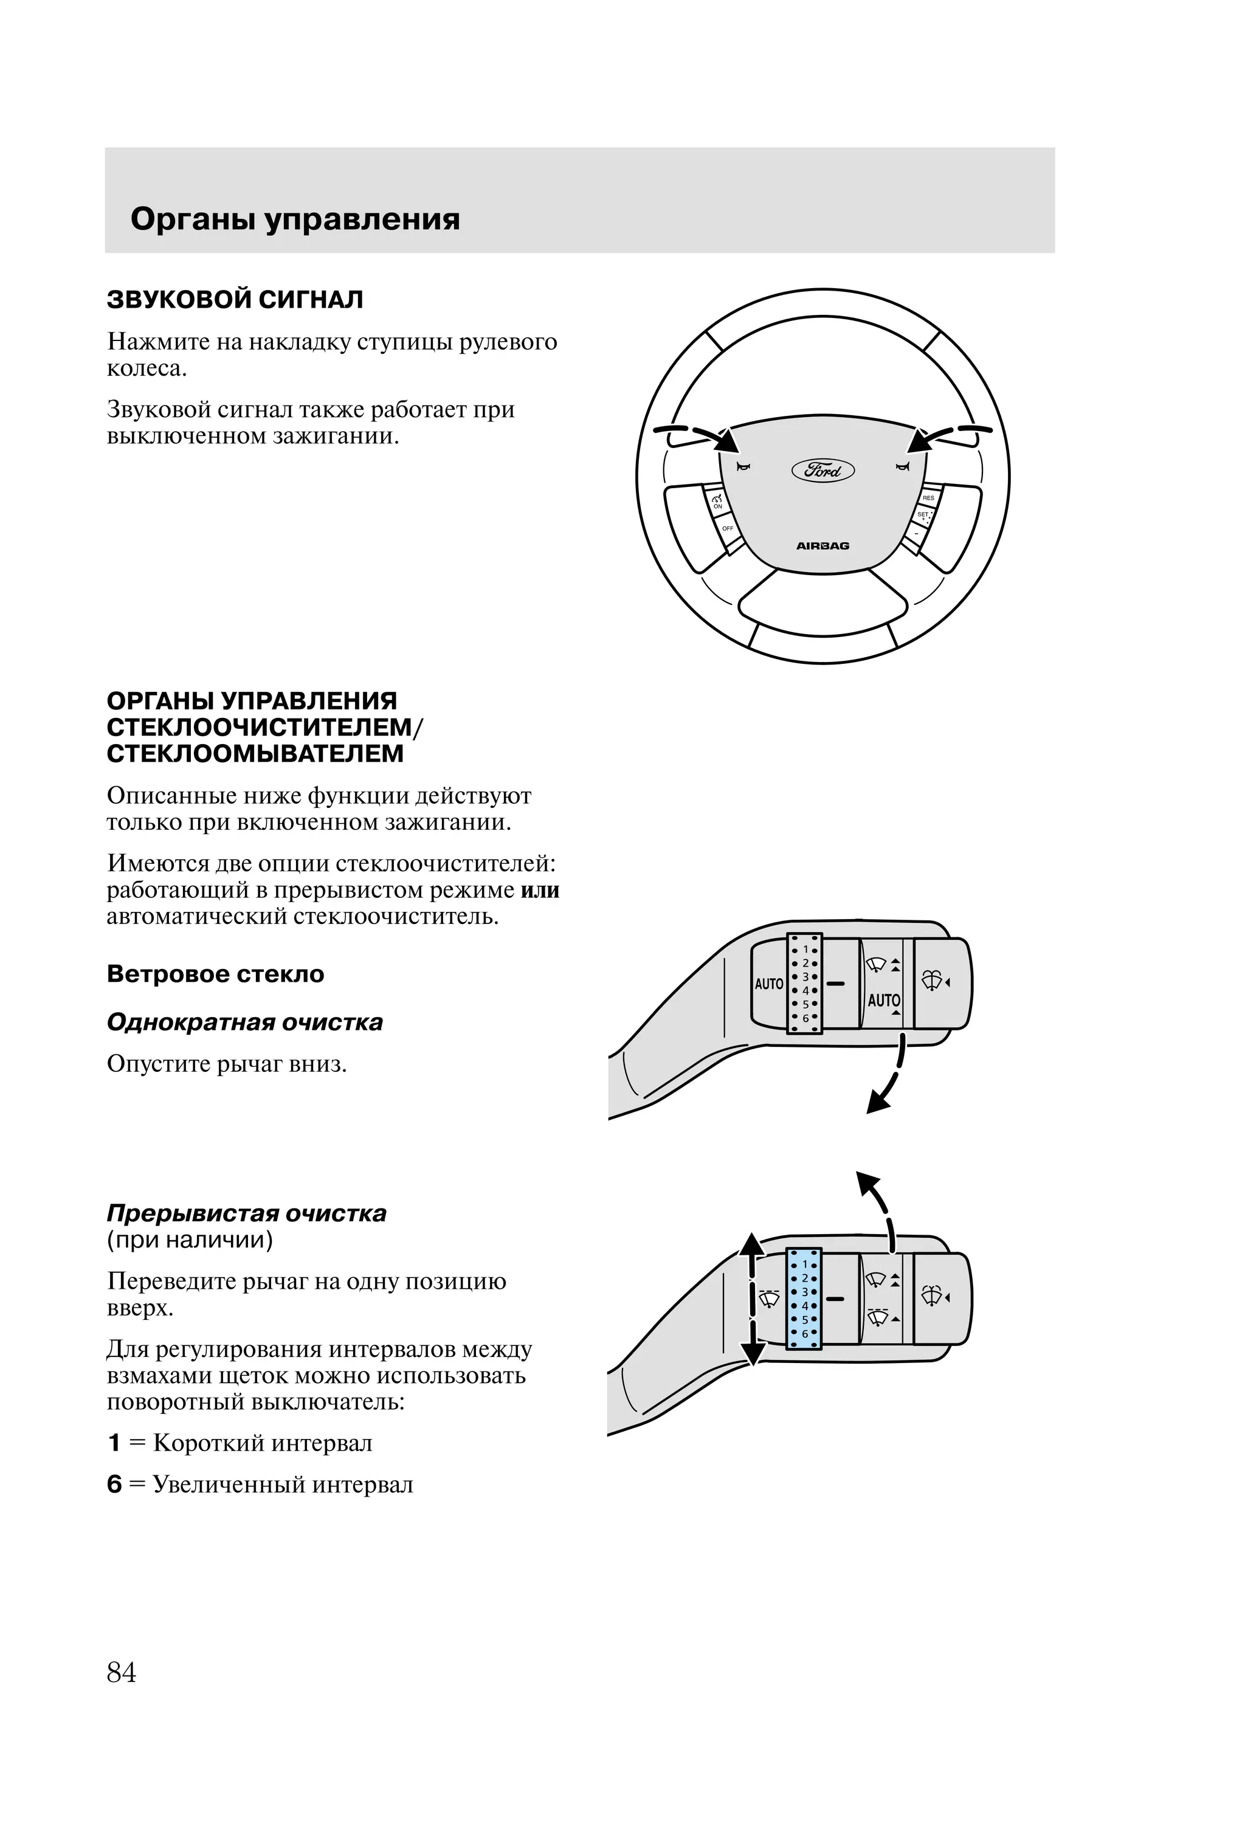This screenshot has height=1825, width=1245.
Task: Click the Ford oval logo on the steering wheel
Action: pos(823,469)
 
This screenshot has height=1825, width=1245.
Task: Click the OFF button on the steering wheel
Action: pos(728,528)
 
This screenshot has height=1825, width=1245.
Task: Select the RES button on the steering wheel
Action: pos(928,498)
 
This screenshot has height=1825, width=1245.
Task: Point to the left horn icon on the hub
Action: pos(743,467)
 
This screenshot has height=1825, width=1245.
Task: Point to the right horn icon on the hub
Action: pos(903,467)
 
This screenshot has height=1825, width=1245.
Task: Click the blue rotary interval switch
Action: pos(804,1298)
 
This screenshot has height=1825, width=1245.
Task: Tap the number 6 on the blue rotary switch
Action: pos(804,1333)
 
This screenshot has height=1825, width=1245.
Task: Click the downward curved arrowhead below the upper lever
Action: pos(877,1104)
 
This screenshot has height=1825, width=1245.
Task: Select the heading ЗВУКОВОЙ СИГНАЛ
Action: pos(235,300)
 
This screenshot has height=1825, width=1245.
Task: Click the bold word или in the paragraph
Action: pos(540,891)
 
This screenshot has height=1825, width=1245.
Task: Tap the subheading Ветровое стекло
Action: pos(215,975)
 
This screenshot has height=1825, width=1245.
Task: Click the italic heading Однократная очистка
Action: pos(244,1023)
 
